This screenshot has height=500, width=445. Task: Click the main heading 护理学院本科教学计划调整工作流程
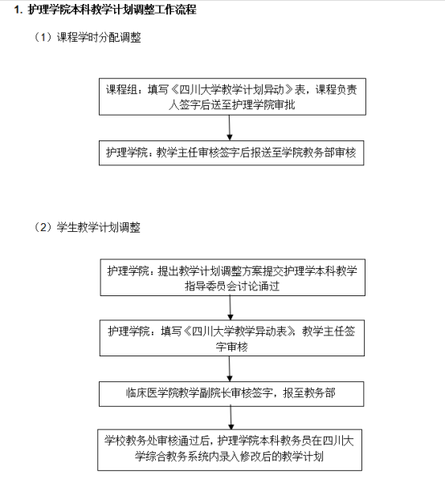click(112, 10)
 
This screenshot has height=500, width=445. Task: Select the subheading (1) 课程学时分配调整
click(87, 37)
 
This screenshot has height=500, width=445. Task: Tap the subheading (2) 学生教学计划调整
click(87, 227)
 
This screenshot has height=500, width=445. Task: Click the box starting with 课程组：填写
click(232, 96)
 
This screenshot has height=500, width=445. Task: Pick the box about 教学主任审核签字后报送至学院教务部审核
click(231, 152)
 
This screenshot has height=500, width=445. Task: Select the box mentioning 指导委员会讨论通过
click(233, 278)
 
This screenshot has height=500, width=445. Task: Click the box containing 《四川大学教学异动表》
click(232, 338)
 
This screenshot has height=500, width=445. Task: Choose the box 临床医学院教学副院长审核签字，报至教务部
click(231, 394)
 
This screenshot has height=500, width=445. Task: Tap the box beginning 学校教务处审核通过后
click(230, 450)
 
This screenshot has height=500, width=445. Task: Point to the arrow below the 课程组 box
click(229, 128)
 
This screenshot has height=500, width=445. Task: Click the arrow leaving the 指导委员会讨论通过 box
click(231, 307)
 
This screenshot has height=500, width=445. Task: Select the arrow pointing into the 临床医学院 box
click(230, 368)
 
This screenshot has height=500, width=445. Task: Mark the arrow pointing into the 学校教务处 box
click(231, 417)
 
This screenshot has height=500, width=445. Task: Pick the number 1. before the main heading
click(18, 10)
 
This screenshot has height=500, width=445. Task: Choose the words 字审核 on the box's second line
click(231, 347)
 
